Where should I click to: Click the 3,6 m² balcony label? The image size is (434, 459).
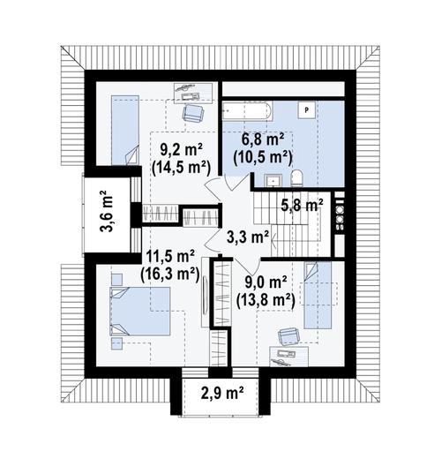click(107, 211)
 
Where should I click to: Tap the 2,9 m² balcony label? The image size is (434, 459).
click(222, 394)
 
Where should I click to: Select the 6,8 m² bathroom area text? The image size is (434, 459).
click(263, 139)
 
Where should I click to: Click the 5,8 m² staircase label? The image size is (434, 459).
click(302, 205)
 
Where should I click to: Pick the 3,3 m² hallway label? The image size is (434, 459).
click(248, 237)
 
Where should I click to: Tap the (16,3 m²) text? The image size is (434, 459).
click(170, 275)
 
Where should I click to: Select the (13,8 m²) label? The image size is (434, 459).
click(266, 300)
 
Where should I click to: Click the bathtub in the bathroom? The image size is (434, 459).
click(247, 111)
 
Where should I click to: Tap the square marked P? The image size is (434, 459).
click(307, 110)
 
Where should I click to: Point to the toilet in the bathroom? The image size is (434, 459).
click(296, 178)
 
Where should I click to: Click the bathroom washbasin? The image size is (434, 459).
click(273, 180)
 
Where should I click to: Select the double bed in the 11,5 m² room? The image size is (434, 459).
click(140, 311)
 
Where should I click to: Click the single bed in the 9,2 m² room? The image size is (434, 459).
click(125, 130)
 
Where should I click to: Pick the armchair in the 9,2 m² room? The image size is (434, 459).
click(193, 113)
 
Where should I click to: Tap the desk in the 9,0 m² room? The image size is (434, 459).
click(288, 356)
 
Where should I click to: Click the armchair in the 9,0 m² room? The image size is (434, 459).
click(289, 337)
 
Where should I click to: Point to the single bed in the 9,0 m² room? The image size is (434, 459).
click(318, 295)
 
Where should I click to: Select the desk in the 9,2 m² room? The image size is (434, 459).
click(193, 93)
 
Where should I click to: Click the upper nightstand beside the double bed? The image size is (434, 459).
click(116, 279)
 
